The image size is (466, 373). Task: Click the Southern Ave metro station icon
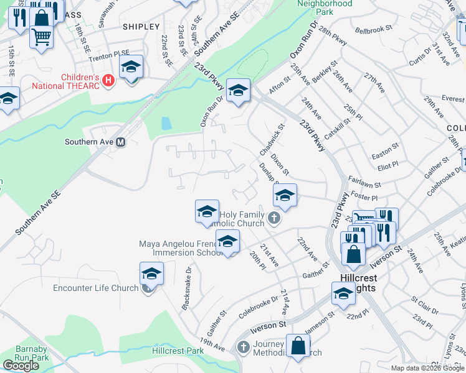pos(121,142)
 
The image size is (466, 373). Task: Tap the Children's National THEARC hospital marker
pos(110,81)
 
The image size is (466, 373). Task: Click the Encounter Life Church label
pos(95,288)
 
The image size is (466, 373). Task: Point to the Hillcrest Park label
pos(178,351)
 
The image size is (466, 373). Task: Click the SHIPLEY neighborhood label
pos(141,27)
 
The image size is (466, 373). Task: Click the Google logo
pos(21,366)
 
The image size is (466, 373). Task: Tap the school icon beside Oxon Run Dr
pos(238,91)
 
